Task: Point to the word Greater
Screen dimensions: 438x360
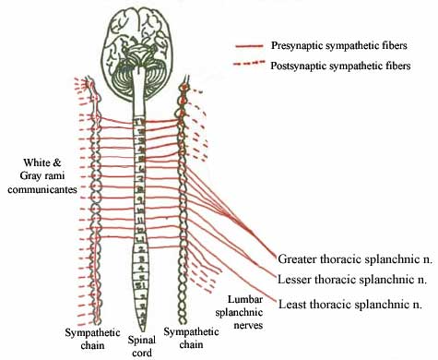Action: pyautogui.click(x=298, y=259)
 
